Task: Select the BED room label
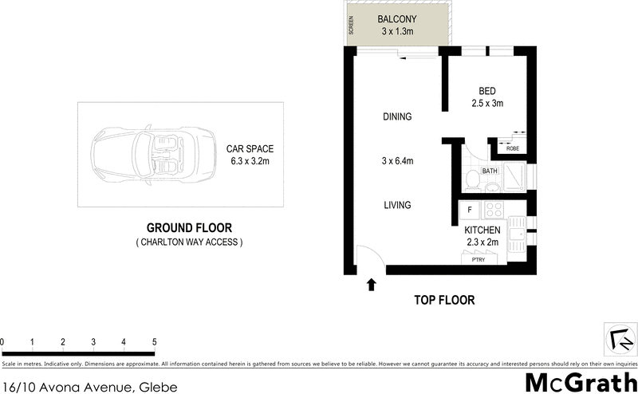pyautogui.click(x=487, y=91)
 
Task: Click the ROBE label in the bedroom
pyautogui.click(x=512, y=148)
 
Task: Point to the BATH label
pyautogui.click(x=490, y=171)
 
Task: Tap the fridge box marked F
pyautogui.click(x=471, y=211)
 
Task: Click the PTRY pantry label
pyautogui.click(x=478, y=259)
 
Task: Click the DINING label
pyautogui.click(x=396, y=116)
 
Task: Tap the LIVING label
pyautogui.click(x=396, y=205)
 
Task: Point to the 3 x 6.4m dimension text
pyautogui.click(x=396, y=161)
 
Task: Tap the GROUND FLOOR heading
pyautogui.click(x=189, y=227)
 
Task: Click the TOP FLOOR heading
pyautogui.click(x=444, y=301)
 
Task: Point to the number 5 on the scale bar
pyautogui.click(x=154, y=342)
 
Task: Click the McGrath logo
pyautogui.click(x=581, y=382)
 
